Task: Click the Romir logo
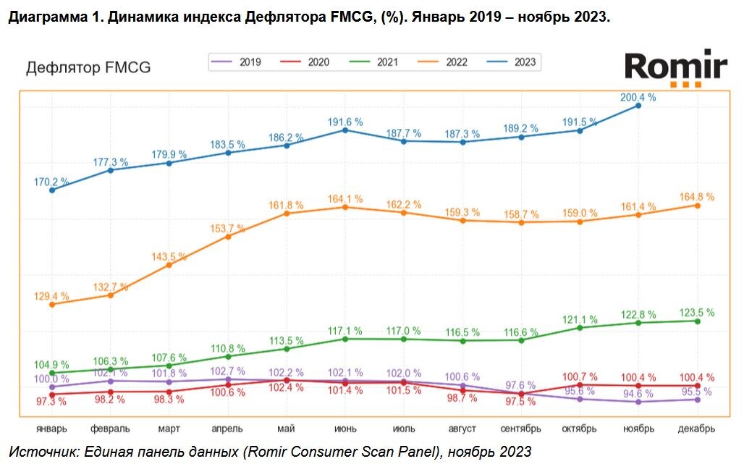point(675,67)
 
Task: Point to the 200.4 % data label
point(638,97)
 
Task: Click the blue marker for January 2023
point(52,190)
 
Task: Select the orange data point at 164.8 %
point(696,206)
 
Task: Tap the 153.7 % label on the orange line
point(228,229)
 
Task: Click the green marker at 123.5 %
point(696,321)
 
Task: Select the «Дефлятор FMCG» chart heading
point(88,68)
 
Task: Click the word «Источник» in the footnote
point(43,452)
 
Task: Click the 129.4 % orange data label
point(51,296)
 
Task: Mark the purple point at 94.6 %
point(638,402)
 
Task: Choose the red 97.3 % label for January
point(51,401)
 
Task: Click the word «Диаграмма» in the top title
point(45,17)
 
